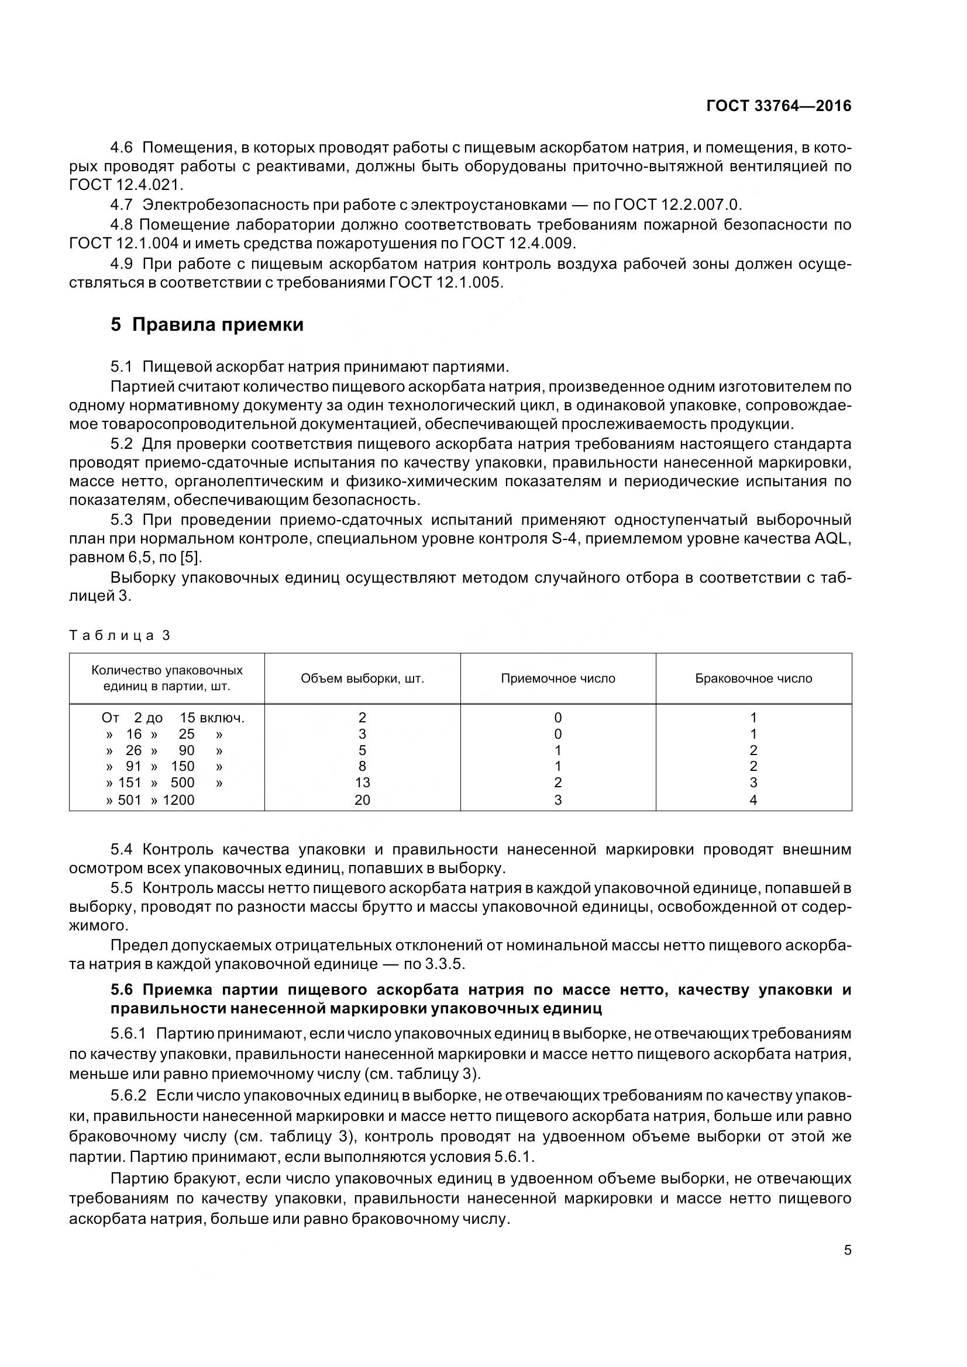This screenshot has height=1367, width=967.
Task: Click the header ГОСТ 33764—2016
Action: click(778, 106)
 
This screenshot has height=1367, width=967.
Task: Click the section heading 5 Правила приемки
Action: click(207, 325)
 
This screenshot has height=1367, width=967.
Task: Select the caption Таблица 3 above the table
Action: click(120, 635)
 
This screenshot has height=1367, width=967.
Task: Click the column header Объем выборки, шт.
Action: click(362, 679)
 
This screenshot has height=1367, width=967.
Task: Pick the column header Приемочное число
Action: click(558, 679)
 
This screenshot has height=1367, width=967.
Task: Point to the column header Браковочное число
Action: click(753, 679)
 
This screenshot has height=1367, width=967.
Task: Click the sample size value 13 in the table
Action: click(362, 783)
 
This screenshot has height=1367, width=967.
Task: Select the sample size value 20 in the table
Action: click(362, 800)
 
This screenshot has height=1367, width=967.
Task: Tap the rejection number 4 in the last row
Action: click(753, 800)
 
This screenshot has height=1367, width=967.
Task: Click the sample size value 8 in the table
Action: click(362, 767)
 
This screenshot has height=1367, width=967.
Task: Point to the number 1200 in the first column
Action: click(178, 800)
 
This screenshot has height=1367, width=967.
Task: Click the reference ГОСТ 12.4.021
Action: click(126, 185)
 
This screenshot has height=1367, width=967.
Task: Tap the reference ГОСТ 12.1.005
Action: click(445, 283)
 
